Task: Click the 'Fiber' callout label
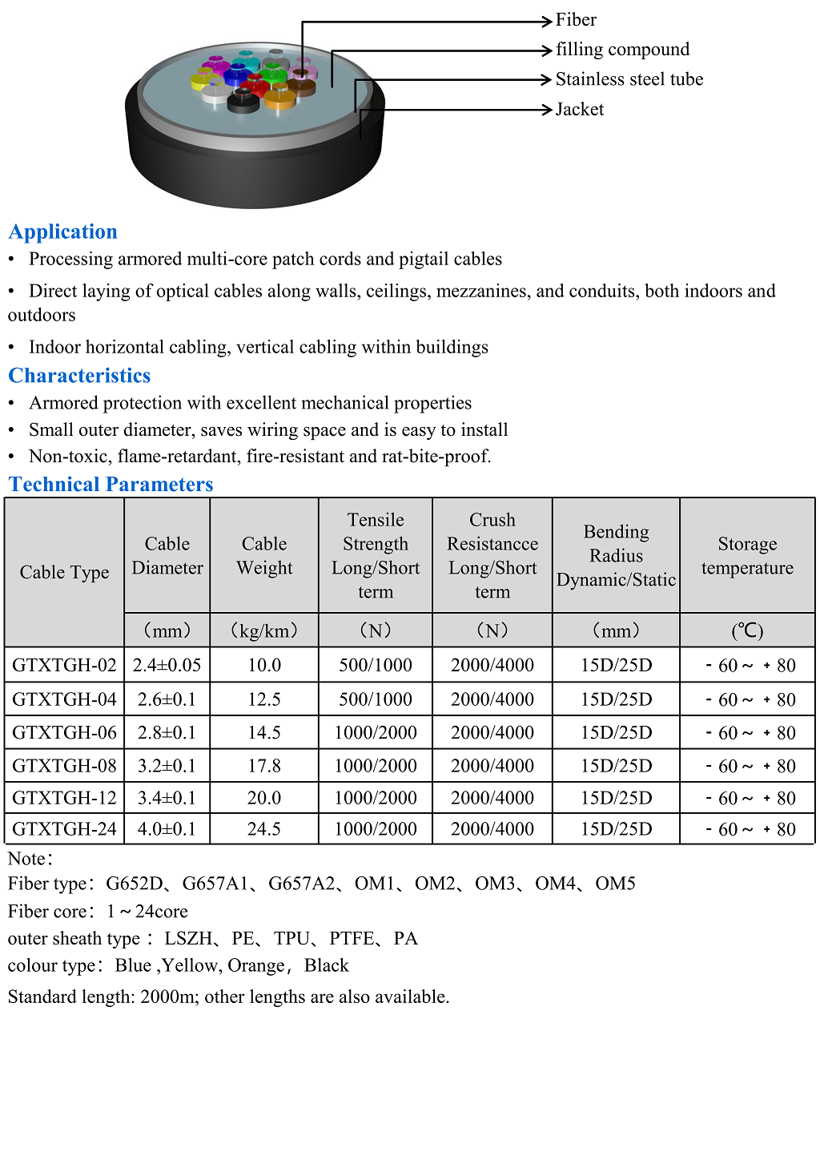click(576, 20)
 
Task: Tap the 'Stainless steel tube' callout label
click(629, 79)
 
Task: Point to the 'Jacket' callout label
click(579, 110)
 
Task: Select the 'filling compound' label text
click(622, 50)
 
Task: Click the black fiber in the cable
click(243, 102)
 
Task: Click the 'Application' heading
click(63, 232)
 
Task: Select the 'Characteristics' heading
click(79, 376)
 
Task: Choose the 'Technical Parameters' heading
click(111, 485)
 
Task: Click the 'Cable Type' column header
click(64, 572)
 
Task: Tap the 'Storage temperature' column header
click(747, 556)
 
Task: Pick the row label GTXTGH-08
click(64, 766)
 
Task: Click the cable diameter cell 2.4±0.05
click(167, 665)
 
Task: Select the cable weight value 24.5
click(264, 829)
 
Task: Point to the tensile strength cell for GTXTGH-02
click(376, 665)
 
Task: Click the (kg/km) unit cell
click(264, 630)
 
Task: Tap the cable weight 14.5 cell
click(264, 732)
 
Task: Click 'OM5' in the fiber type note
click(615, 884)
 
